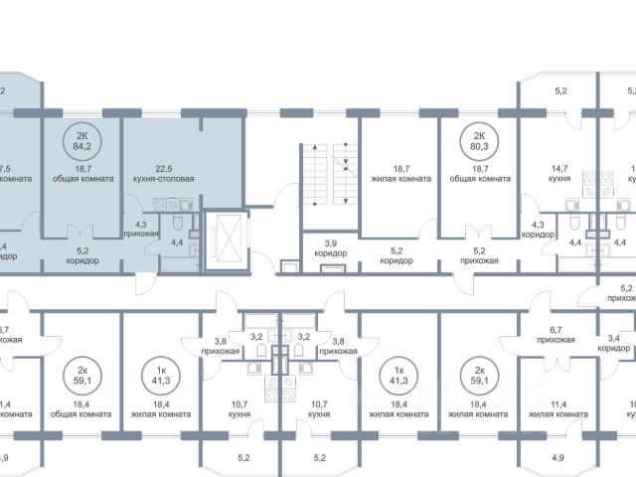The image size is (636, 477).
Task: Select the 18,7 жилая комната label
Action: point(397,175)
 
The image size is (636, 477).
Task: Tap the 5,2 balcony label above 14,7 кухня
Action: point(559,91)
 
